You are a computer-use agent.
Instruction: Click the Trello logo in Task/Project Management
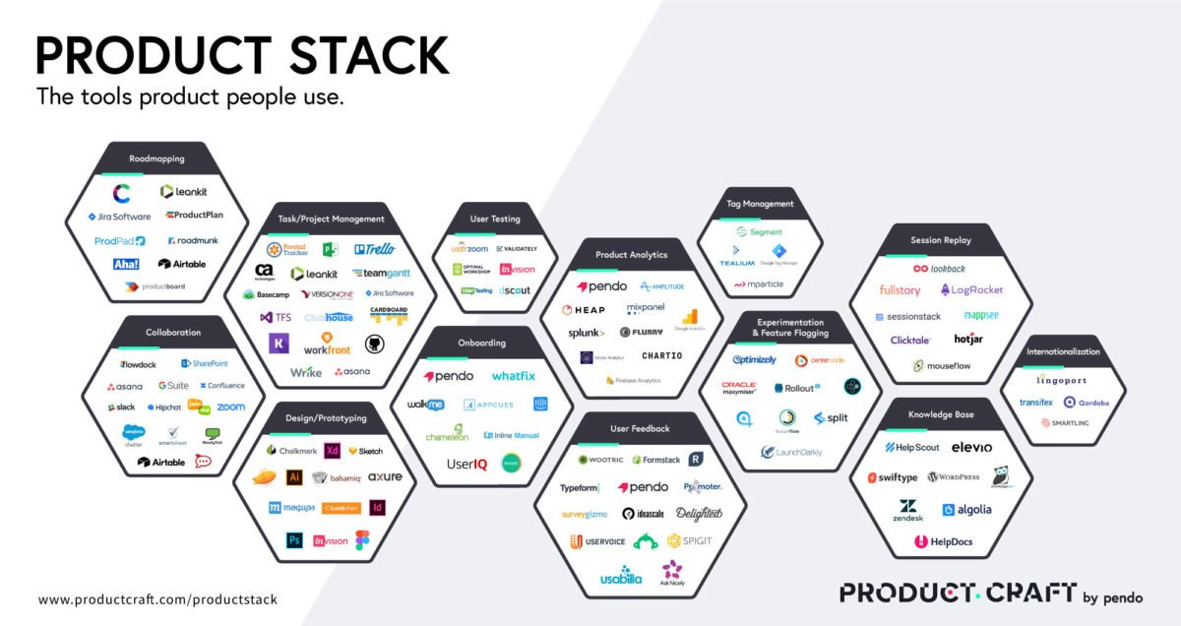[x=374, y=249]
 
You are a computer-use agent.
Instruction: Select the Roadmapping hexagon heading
[x=156, y=158]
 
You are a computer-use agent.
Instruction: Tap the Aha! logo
[x=126, y=264]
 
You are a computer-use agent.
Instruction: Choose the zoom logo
[x=230, y=407]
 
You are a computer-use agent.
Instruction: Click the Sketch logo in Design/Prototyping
[x=365, y=451]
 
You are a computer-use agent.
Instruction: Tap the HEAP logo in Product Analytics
[x=584, y=310]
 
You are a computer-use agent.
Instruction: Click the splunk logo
[x=587, y=333]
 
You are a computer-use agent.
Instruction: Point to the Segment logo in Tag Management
[x=759, y=232]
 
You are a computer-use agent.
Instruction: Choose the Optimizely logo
[x=755, y=359]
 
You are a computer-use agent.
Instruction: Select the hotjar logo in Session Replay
[x=968, y=340]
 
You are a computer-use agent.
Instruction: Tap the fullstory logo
[x=900, y=290]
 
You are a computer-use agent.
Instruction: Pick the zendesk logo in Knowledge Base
[x=907, y=510]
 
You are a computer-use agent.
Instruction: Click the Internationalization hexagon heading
[x=1063, y=351]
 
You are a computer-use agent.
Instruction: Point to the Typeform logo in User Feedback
[x=580, y=487]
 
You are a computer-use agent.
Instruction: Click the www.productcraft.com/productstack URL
[x=157, y=599]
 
